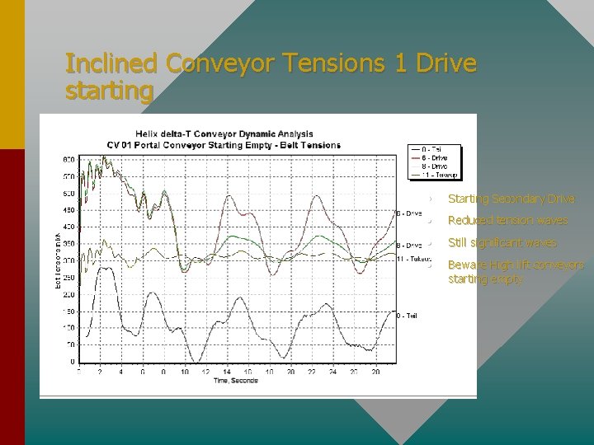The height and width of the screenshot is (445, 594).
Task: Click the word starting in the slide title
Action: point(109,90)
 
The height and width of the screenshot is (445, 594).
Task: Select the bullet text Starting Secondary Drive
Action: point(511,199)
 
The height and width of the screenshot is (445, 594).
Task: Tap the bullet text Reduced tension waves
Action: point(507,221)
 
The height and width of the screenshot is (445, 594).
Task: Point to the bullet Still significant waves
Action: point(502,243)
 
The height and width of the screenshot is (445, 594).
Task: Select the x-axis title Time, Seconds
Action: point(236,381)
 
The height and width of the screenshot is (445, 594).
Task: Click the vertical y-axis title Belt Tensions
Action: point(58,260)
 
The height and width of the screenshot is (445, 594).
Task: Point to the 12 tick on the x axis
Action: point(205,372)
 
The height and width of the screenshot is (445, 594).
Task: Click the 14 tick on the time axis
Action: point(226,372)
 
